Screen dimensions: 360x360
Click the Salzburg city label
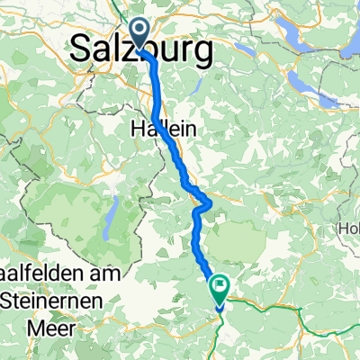(144, 49)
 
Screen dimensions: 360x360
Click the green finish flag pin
(220, 287)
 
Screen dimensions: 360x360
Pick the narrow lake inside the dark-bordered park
(110, 217)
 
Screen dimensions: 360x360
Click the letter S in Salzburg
(81, 50)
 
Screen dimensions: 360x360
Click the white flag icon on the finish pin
(220, 285)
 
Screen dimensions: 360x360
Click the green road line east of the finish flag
(270, 310)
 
